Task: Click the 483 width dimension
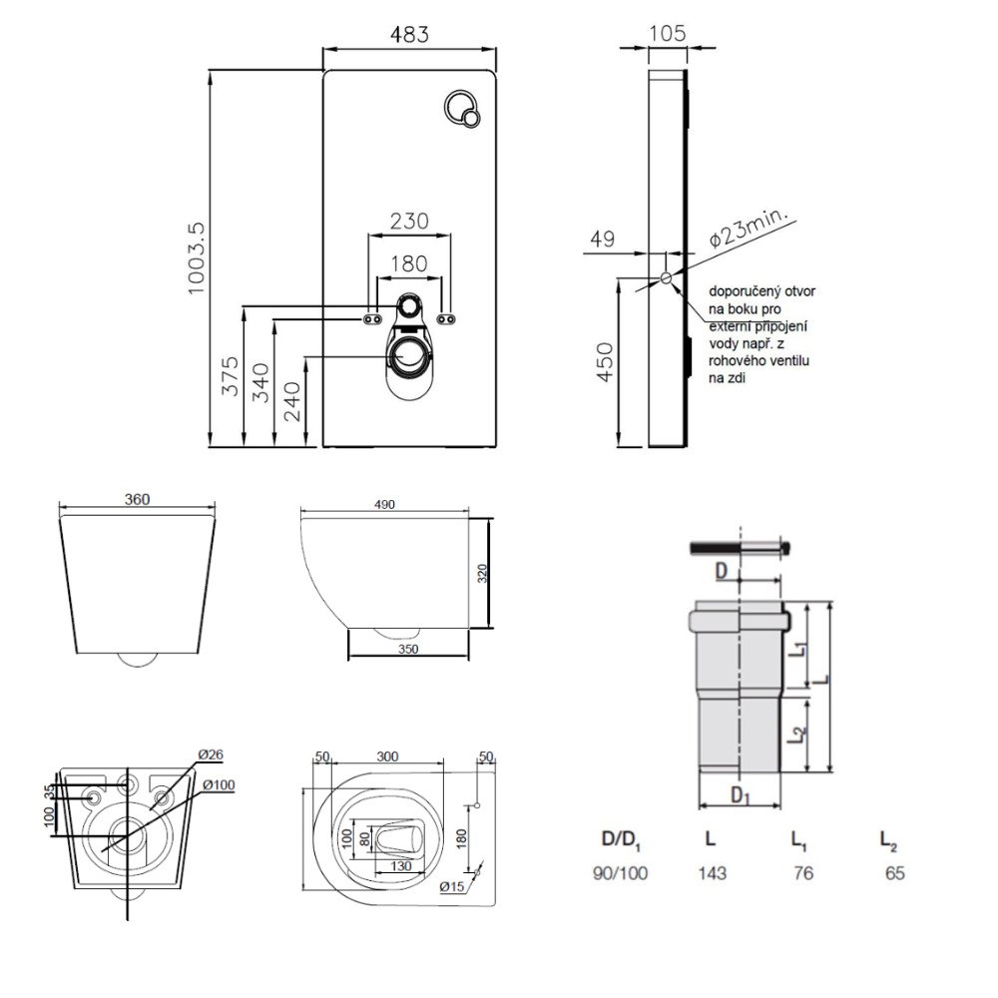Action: pyautogui.click(x=409, y=34)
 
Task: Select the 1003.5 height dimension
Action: pyautogui.click(x=196, y=257)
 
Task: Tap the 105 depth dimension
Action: pyautogui.click(x=667, y=33)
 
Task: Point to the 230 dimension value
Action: pyautogui.click(x=409, y=221)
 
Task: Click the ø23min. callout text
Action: pyautogui.click(x=751, y=228)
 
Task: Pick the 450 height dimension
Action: pyautogui.click(x=605, y=362)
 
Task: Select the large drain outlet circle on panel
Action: pyautogui.click(x=408, y=355)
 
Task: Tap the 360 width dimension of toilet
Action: pyautogui.click(x=137, y=500)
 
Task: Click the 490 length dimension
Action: pyautogui.click(x=384, y=504)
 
